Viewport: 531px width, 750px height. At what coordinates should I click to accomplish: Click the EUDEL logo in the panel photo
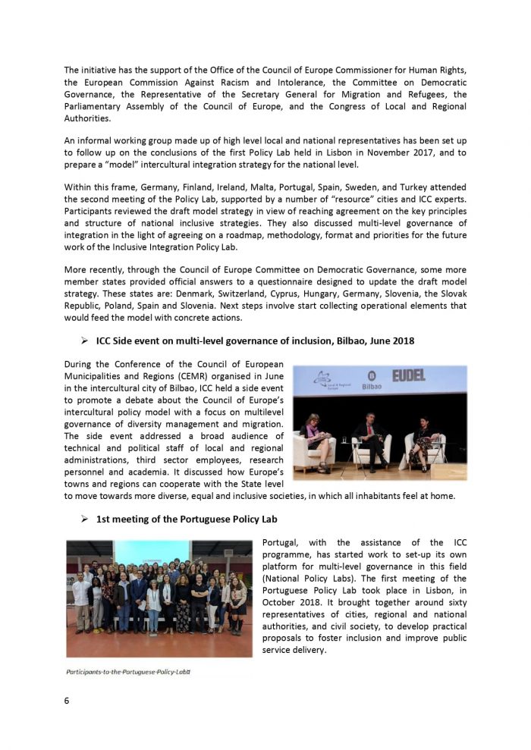(408, 375)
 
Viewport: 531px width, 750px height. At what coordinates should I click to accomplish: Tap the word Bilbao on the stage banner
(372, 386)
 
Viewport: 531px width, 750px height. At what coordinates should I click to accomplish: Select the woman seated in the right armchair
(422, 440)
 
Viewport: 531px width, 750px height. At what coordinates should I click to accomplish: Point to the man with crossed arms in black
(198, 599)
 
